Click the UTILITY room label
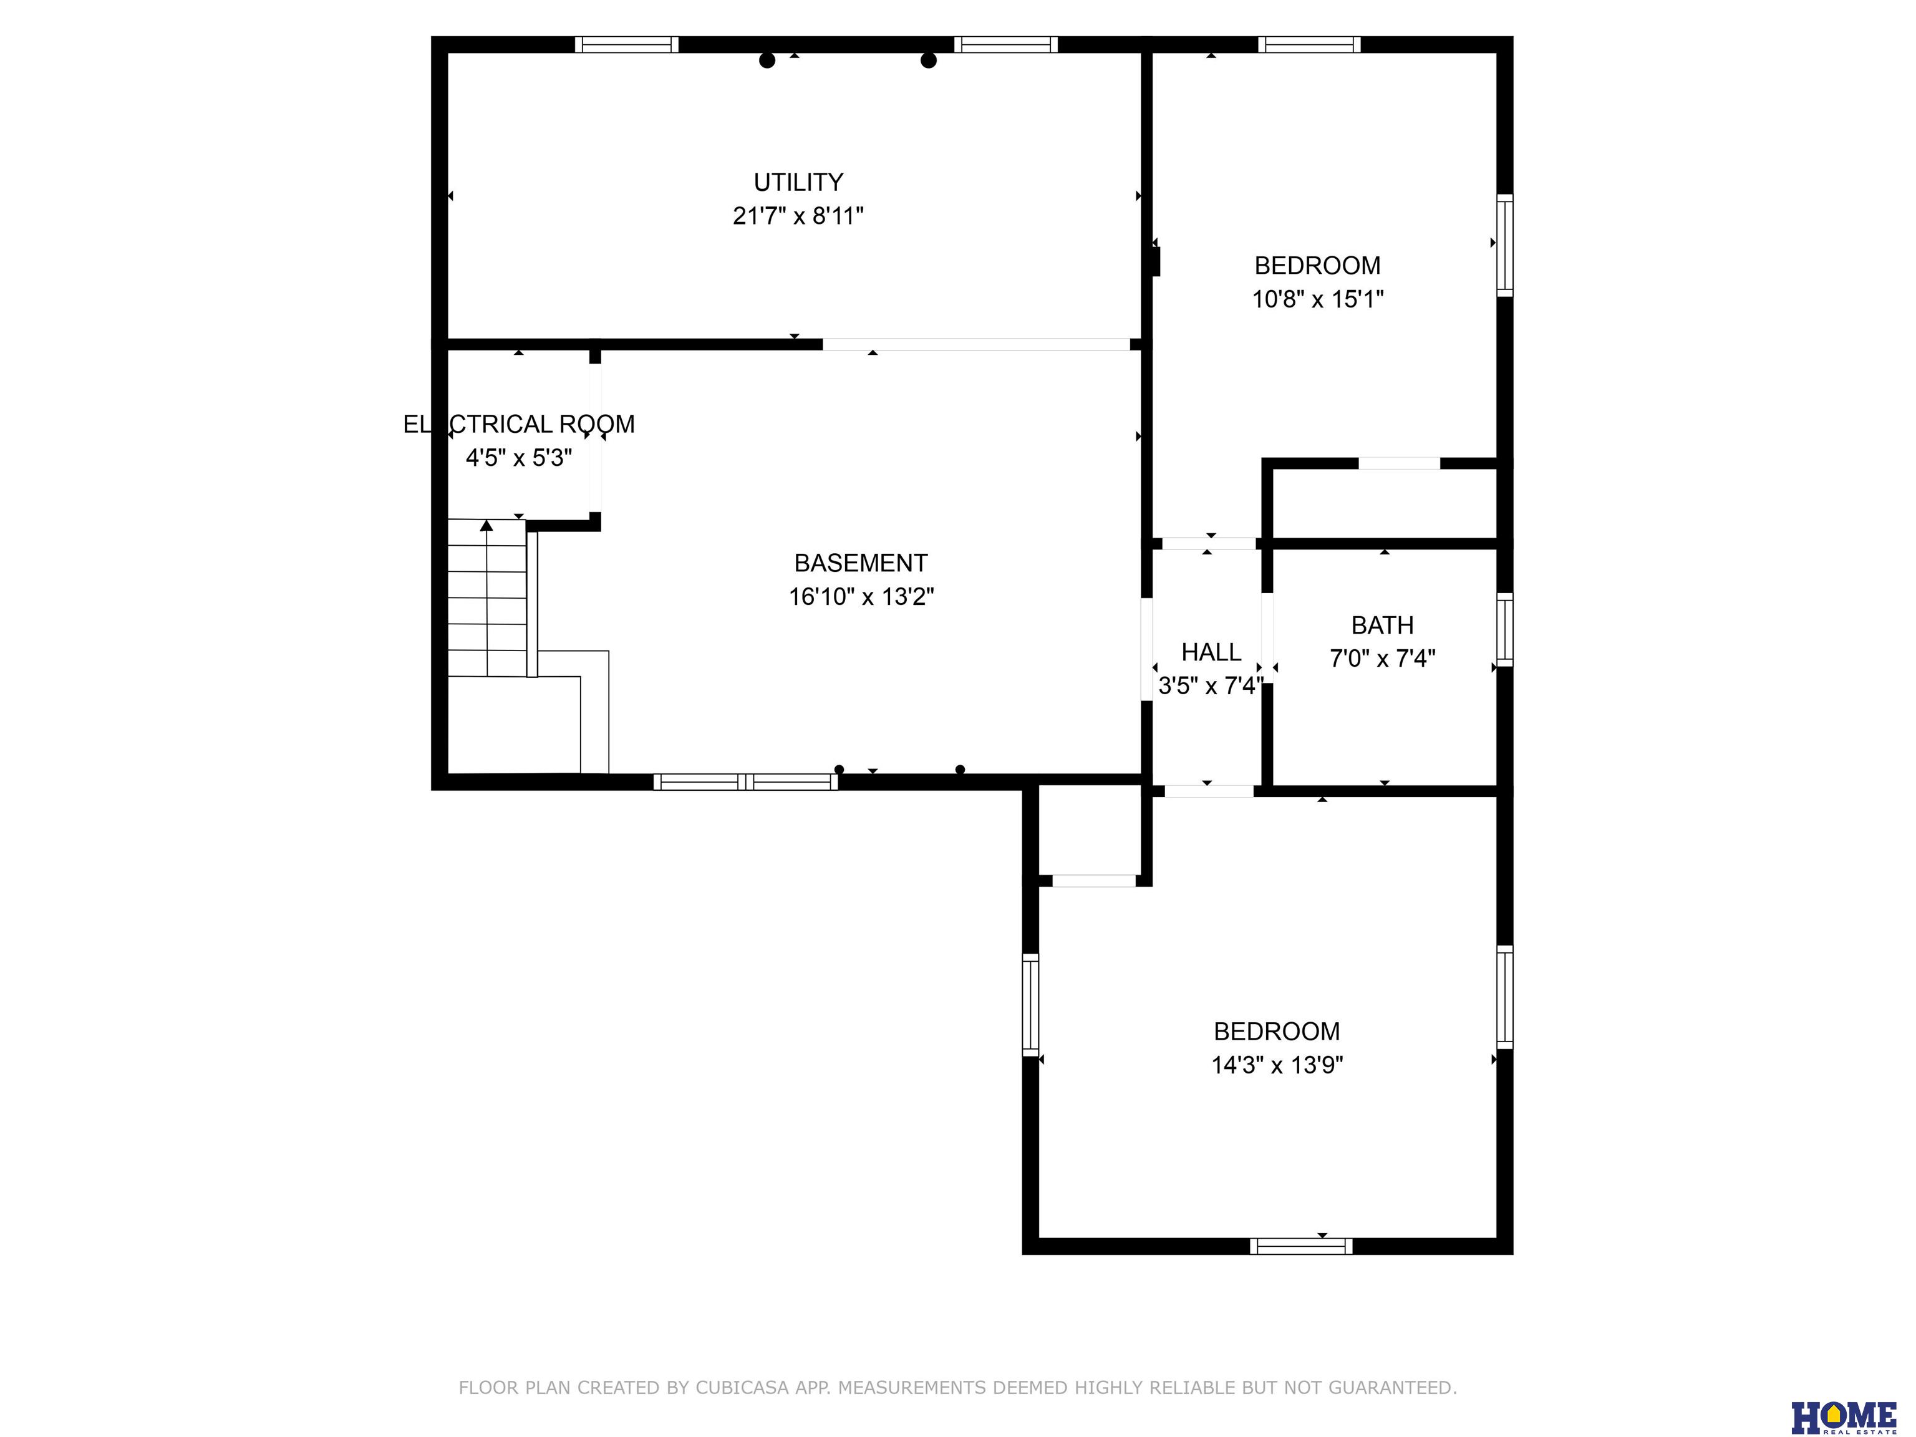(x=798, y=182)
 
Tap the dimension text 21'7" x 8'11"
(x=798, y=216)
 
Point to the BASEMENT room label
(x=860, y=563)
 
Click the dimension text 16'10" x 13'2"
(x=861, y=597)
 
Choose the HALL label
(x=1211, y=652)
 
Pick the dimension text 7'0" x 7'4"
(x=1383, y=659)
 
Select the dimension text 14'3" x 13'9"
(x=1277, y=1065)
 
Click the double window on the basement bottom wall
(x=746, y=782)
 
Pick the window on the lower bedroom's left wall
(x=1030, y=1005)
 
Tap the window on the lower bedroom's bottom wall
(x=1300, y=1246)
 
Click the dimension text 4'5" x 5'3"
(x=519, y=458)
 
